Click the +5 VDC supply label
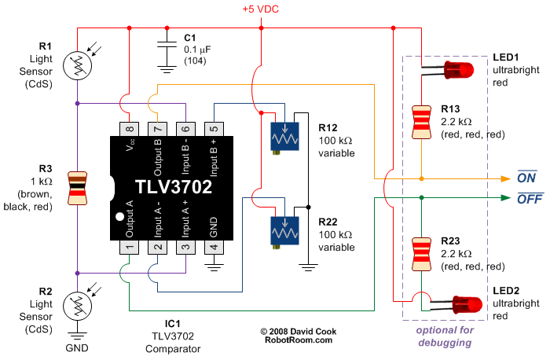[260, 10]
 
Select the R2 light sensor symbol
[77, 303]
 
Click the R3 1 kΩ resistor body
[77, 188]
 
